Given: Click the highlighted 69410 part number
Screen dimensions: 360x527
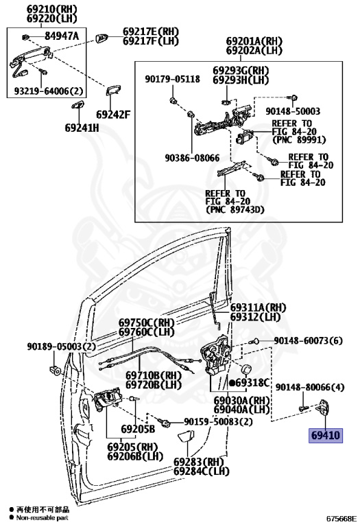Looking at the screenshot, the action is click(326, 436).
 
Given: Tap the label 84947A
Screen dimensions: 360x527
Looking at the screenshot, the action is click(62, 36).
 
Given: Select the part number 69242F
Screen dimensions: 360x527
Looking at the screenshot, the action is click(113, 115).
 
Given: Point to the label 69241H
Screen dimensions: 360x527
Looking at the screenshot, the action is click(82, 128).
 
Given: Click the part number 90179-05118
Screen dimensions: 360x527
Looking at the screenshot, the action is click(173, 79).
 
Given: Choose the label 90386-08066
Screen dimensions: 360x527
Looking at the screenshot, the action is click(192, 158).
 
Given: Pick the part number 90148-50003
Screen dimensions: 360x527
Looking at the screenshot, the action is click(293, 111).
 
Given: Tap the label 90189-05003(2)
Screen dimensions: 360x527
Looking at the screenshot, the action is click(62, 347).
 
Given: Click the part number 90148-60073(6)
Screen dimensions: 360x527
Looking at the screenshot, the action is click(309, 341).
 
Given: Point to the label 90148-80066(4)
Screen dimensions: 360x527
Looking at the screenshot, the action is click(310, 387).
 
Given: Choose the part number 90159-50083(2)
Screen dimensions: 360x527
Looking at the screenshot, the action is click(218, 421).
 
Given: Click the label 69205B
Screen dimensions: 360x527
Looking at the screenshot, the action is click(138, 429).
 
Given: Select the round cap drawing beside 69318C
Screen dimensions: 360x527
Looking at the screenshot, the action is click(246, 369).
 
